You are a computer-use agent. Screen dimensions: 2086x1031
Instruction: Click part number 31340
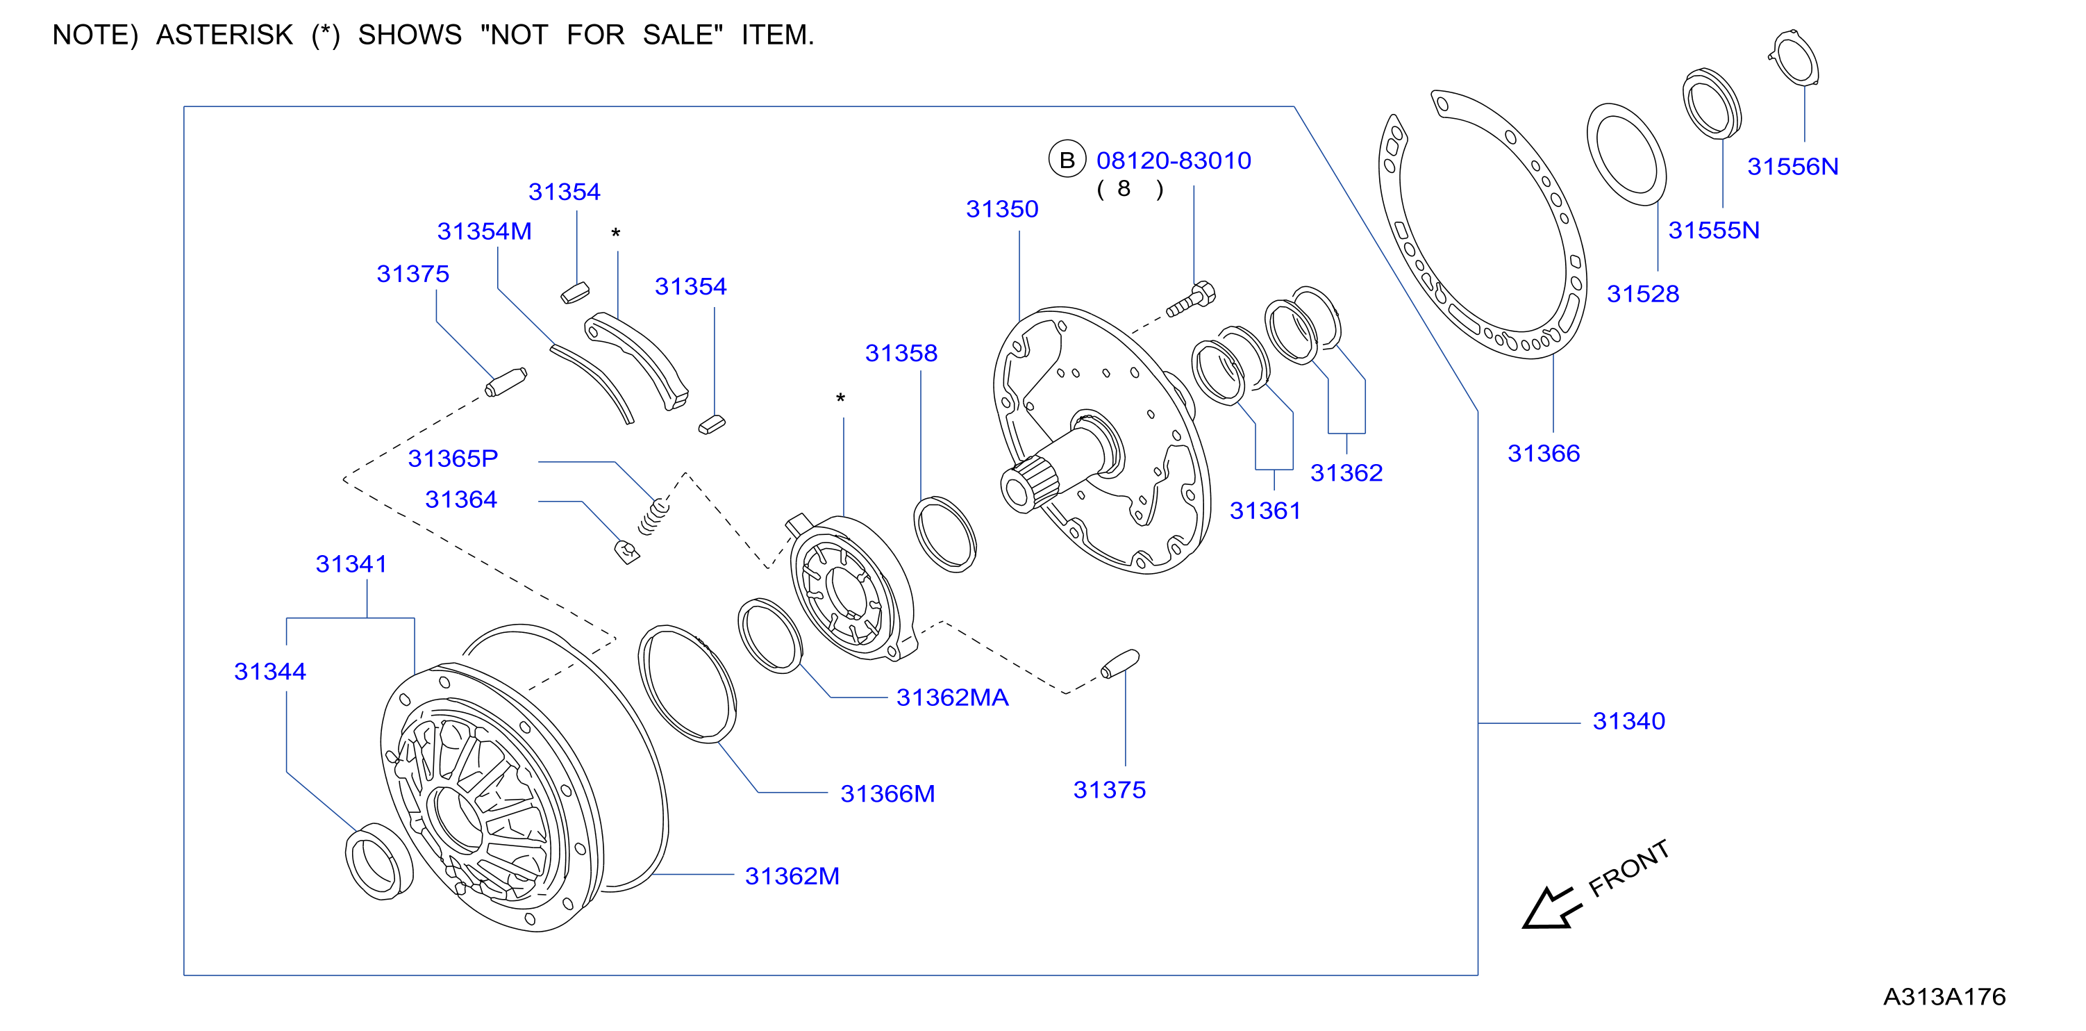pos(1628,721)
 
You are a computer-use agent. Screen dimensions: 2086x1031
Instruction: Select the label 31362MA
pos(952,698)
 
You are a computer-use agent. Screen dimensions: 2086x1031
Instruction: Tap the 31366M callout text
pos(887,793)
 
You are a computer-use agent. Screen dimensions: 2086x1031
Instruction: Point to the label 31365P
pos(453,459)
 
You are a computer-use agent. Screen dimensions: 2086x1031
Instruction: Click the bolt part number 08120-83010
pos(1174,160)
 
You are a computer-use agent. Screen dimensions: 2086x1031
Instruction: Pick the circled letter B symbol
pos(1067,160)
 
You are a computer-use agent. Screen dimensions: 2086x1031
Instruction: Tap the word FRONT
pos(1628,868)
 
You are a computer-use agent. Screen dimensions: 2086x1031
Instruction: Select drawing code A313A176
pos(1944,996)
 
